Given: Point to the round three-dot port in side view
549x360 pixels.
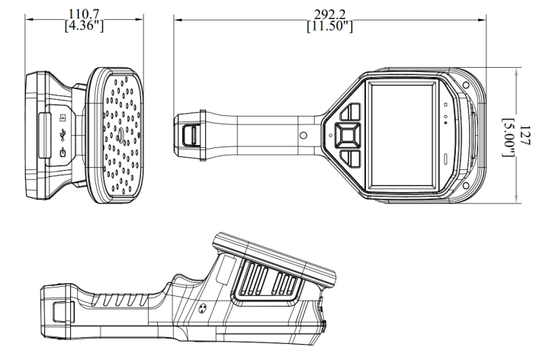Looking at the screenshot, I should (x=203, y=309).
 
